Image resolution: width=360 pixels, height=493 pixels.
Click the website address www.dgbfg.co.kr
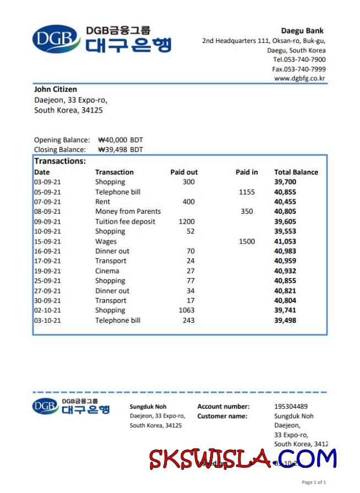click(299, 79)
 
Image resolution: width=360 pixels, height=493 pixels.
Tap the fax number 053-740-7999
click(299, 69)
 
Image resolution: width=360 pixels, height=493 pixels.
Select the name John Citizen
click(56, 89)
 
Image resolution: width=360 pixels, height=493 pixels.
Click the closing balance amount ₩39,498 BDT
click(121, 149)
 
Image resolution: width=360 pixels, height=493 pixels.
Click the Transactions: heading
click(60, 161)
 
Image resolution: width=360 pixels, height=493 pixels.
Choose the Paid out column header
click(184, 172)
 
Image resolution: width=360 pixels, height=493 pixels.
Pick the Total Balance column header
click(296, 172)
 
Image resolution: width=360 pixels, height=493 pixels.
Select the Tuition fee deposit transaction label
click(125, 221)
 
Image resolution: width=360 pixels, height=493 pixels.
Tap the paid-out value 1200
click(187, 221)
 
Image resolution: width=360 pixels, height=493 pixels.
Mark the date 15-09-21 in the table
click(47, 241)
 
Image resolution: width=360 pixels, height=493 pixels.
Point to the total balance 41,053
click(285, 241)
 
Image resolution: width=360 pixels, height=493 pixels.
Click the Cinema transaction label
click(107, 271)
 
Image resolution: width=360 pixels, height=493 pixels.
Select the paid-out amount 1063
click(187, 310)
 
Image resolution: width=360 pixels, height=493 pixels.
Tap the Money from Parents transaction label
click(128, 212)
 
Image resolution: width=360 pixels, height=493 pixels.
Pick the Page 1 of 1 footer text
click(314, 483)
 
